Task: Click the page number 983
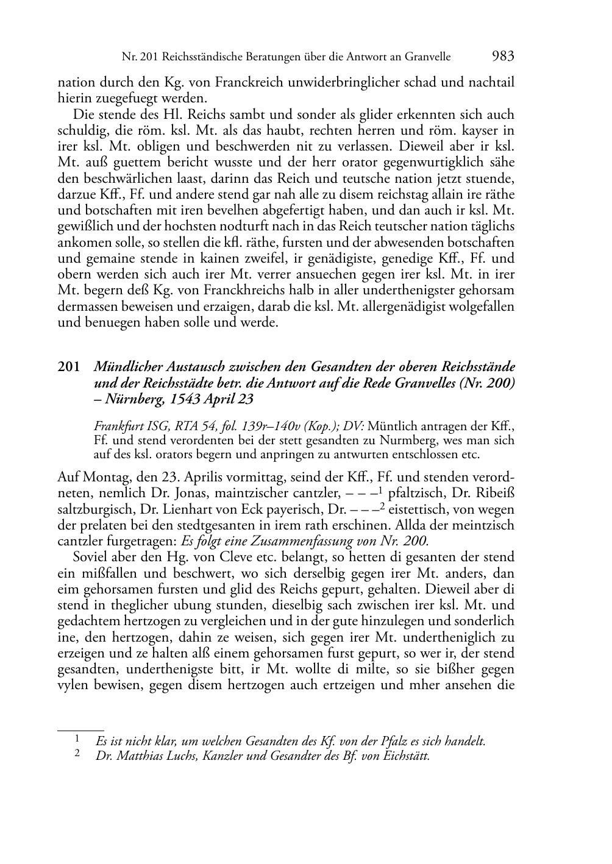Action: [x=502, y=57]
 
